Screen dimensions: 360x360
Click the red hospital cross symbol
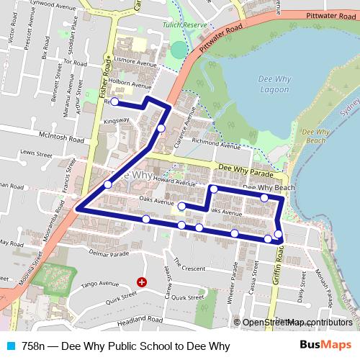(141, 282)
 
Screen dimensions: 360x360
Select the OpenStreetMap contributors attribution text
(297, 322)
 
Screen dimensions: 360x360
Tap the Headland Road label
(136, 318)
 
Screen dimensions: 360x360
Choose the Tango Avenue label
(99, 284)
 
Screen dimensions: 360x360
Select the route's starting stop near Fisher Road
(114, 102)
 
